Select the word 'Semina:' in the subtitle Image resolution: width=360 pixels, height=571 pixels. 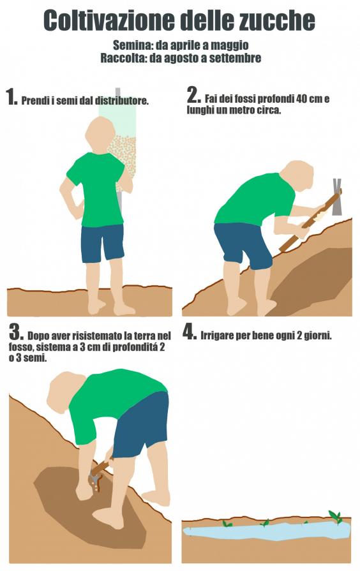133,45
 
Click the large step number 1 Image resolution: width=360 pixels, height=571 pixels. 11,97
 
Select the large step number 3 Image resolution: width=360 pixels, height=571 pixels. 17,332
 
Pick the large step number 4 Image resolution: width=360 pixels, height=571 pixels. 190,332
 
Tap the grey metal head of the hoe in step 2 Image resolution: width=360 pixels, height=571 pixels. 337,197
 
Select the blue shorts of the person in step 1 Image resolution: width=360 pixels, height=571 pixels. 102,243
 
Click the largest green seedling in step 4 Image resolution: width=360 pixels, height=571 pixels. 335,516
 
